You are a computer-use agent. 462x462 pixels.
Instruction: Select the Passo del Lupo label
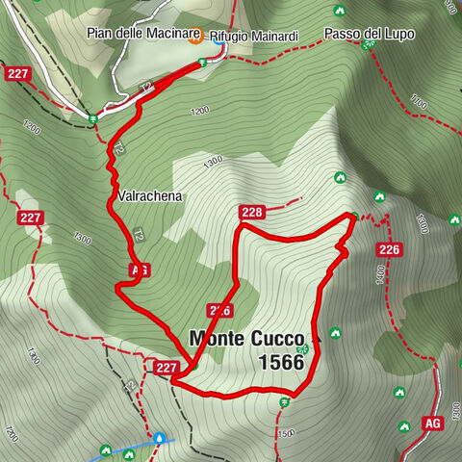click(370, 34)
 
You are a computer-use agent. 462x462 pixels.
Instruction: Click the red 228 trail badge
click(252, 212)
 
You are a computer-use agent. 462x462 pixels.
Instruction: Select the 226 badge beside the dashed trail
click(390, 250)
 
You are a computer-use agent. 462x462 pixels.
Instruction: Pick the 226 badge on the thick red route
click(218, 310)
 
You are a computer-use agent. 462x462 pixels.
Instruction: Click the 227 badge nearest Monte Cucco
click(166, 367)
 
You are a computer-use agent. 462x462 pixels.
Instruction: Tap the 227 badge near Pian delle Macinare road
click(17, 73)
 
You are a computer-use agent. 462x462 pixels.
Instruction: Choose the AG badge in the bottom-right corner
click(431, 423)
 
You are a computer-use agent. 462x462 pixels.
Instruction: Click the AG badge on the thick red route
click(138, 270)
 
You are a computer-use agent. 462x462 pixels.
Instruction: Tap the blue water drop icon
click(159, 437)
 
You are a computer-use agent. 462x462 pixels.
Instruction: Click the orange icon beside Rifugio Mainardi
click(195, 37)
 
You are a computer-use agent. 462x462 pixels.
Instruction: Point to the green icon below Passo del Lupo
click(367, 45)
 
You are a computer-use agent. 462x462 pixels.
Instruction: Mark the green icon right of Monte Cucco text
click(335, 334)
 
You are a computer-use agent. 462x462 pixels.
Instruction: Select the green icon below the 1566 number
click(284, 402)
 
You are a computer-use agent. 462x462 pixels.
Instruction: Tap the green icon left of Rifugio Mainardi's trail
click(202, 63)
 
